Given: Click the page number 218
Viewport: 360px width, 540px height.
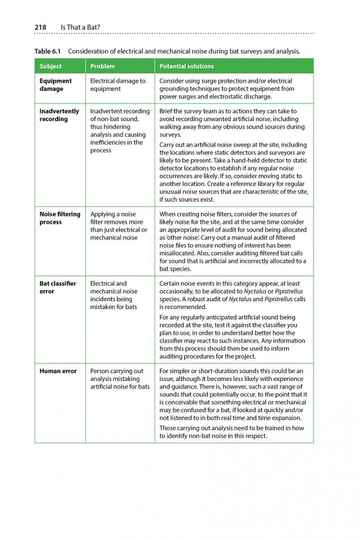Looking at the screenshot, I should tap(40, 27).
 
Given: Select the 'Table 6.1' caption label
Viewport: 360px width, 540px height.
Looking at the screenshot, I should tap(48, 51).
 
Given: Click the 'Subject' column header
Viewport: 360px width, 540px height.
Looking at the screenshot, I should tap(51, 66).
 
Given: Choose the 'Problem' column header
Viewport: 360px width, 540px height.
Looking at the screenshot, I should tap(103, 66).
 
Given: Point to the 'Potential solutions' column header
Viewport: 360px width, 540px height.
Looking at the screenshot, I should tap(187, 66).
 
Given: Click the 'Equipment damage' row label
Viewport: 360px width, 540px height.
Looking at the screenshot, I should tap(56, 85).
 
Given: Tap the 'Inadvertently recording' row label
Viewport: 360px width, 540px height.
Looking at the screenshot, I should tap(59, 115).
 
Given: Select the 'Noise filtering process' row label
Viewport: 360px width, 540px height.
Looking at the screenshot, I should tap(60, 218).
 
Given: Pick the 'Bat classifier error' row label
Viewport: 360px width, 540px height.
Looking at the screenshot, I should tap(58, 287).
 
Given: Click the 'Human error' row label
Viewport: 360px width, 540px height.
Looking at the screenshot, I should tap(58, 371).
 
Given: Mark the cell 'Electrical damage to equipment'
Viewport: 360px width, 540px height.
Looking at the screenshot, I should tap(118, 85).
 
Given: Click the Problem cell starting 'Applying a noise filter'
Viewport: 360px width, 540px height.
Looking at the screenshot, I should tap(119, 226).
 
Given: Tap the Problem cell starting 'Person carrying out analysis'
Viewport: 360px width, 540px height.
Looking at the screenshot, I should tap(120, 379).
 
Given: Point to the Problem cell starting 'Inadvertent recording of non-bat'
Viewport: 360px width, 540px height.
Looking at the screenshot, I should tap(120, 131).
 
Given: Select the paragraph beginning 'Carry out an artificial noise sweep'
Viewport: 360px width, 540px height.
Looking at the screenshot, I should tap(233, 172).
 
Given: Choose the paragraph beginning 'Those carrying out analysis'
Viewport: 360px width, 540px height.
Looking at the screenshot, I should tap(231, 432).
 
